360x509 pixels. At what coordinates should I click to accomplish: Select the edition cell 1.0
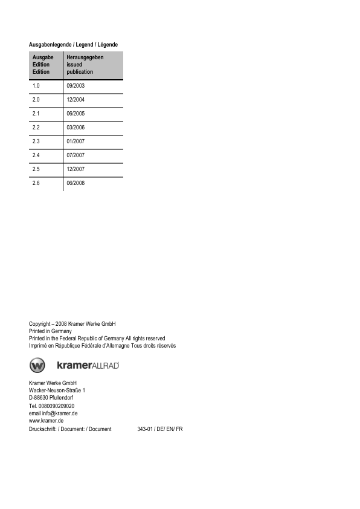click(37, 86)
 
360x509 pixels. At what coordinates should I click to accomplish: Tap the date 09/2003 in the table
click(76, 86)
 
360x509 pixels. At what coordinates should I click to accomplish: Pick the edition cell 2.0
click(37, 100)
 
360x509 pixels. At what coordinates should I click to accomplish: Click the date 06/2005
click(76, 114)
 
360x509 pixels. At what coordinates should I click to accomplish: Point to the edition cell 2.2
click(37, 128)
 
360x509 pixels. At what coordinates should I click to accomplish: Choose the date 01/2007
click(76, 141)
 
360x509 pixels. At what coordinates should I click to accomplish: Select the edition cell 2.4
click(37, 155)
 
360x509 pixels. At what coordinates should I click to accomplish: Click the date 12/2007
click(76, 169)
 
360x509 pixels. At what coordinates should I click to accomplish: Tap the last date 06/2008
click(76, 183)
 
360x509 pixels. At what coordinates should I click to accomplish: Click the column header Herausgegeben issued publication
click(85, 65)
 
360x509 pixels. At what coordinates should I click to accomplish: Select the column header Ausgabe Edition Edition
click(43, 65)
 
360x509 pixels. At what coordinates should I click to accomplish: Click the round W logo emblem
click(37, 365)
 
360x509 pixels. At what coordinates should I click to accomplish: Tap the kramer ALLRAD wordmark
click(88, 365)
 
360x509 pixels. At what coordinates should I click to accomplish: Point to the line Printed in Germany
click(50, 331)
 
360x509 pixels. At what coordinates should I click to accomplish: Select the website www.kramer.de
click(47, 421)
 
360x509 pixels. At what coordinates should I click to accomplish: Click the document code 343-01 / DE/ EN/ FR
click(159, 429)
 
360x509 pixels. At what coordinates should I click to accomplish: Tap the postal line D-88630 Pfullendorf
click(51, 398)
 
